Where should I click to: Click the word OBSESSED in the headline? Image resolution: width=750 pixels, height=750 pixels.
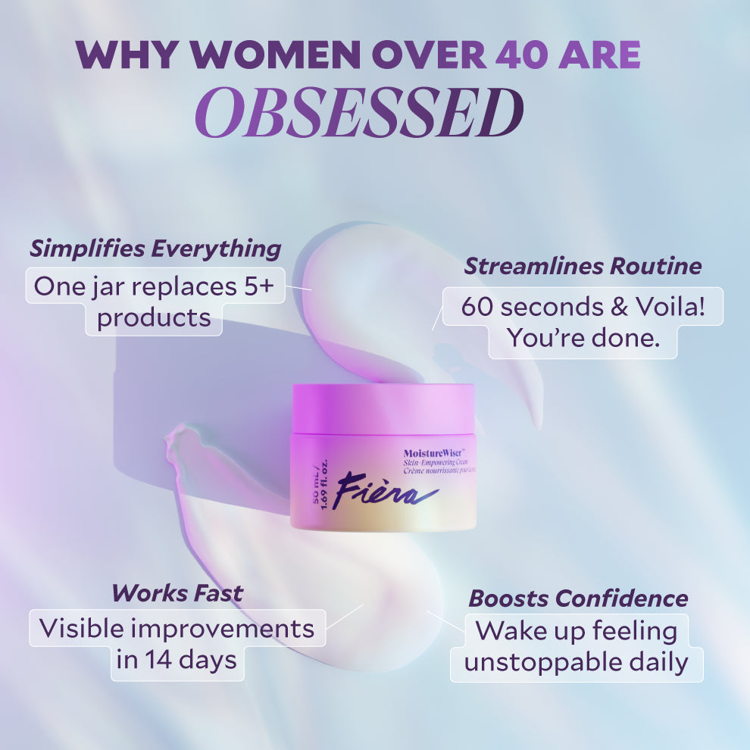pyautogui.click(x=359, y=113)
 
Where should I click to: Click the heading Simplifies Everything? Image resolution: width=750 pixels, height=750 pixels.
pyautogui.click(x=155, y=248)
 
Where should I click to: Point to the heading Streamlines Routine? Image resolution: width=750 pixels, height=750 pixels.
pyautogui.click(x=583, y=266)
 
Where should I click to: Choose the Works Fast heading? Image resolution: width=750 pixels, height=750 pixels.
pyautogui.click(x=177, y=592)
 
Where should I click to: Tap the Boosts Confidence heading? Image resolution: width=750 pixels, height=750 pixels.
pyautogui.click(x=578, y=598)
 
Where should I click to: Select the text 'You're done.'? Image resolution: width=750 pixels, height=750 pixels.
pyautogui.click(x=582, y=338)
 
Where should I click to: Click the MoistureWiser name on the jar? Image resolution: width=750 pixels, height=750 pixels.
pyautogui.click(x=436, y=454)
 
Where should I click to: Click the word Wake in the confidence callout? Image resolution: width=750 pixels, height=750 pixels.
pyautogui.click(x=511, y=630)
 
